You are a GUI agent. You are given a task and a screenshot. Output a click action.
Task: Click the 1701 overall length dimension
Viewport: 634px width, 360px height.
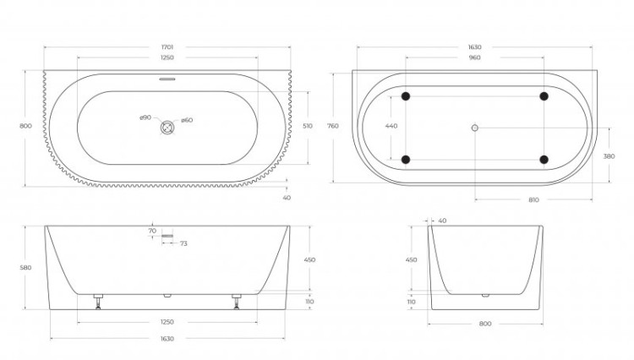pyautogui.click(x=167, y=47)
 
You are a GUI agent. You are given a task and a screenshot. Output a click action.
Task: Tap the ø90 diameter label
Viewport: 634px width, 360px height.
pyautogui.click(x=145, y=117)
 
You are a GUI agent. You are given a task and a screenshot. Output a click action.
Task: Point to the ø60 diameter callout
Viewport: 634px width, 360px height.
pyautogui.click(x=187, y=120)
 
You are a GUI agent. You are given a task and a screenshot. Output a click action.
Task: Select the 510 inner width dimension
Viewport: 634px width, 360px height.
pyautogui.click(x=308, y=126)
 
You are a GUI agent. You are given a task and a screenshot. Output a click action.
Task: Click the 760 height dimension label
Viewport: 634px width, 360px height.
pyautogui.click(x=333, y=126)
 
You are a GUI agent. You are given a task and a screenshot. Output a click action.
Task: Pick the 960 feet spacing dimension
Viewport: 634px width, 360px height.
pyautogui.click(x=475, y=57)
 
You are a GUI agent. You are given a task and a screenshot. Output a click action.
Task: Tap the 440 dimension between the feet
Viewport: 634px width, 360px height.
pyautogui.click(x=391, y=126)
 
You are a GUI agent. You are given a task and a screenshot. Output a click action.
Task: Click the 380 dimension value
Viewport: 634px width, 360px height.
pyautogui.click(x=609, y=156)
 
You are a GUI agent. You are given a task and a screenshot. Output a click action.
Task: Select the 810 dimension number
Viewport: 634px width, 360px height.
pyautogui.click(x=533, y=200)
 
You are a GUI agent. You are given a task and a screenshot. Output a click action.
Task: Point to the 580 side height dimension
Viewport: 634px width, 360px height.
pyautogui.click(x=25, y=268)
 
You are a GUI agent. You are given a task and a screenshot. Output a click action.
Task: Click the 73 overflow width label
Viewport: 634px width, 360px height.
pyautogui.click(x=183, y=243)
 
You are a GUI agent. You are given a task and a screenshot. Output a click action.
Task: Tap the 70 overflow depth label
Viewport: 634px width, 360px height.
pyautogui.click(x=152, y=231)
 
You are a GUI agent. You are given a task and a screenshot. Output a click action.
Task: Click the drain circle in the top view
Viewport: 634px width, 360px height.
pyautogui.click(x=167, y=128)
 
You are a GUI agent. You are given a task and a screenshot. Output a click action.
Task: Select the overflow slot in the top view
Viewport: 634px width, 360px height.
pyautogui.click(x=167, y=79)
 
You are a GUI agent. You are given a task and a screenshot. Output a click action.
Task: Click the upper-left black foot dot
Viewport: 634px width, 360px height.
pyautogui.click(x=406, y=96)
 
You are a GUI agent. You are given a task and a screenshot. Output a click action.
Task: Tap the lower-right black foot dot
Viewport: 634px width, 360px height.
pyautogui.click(x=544, y=160)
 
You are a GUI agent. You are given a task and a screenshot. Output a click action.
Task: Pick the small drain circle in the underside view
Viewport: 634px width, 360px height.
pyautogui.click(x=475, y=128)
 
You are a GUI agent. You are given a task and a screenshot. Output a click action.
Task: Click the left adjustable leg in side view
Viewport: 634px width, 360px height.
pyautogui.click(x=98, y=302)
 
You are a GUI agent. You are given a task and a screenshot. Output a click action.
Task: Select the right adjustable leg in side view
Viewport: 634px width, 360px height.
pyautogui.click(x=237, y=302)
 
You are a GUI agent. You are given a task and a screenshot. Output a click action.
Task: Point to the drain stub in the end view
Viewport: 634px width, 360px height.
pyautogui.click(x=485, y=296)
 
